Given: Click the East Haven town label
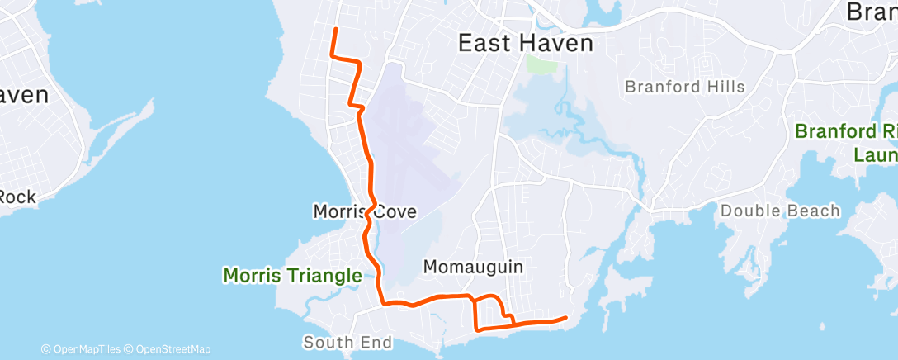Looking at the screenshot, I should click(x=526, y=43).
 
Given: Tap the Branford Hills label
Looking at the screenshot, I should click(x=684, y=87).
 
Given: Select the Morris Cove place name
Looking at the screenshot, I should click(x=364, y=212).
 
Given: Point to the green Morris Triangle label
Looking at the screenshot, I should click(x=292, y=275).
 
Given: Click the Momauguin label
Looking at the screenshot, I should click(x=473, y=266).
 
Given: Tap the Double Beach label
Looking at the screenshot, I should click(x=780, y=211).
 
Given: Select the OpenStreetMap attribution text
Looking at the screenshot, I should click(x=173, y=349).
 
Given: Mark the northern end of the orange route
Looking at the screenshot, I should click(x=335, y=30).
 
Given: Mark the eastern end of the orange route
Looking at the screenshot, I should click(x=566, y=317).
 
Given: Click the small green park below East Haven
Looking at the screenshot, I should click(x=541, y=64).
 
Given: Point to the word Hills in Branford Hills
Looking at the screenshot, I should click(x=724, y=87).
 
